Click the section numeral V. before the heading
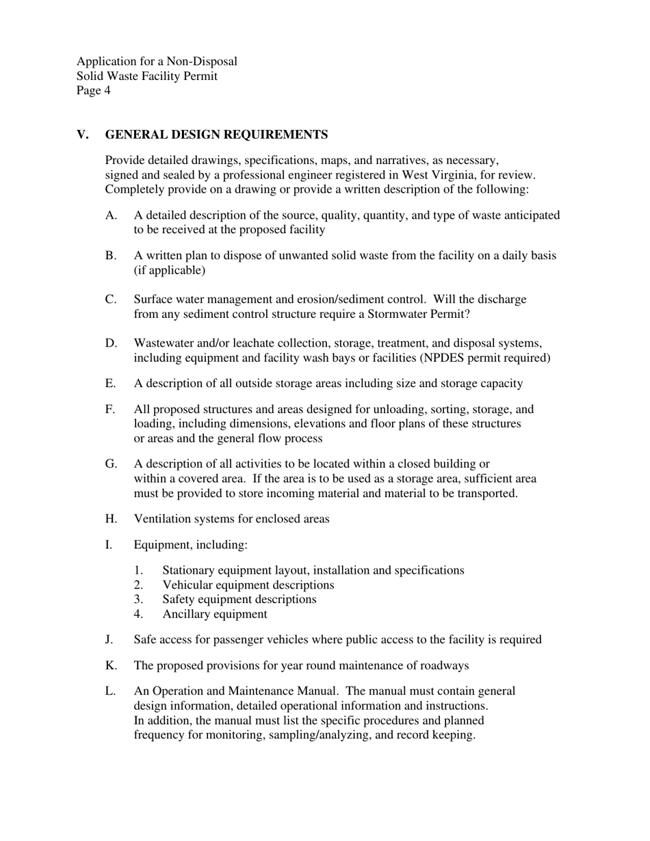[83, 135]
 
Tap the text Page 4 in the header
[94, 90]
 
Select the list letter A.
[111, 215]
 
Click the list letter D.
[111, 343]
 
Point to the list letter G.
[111, 464]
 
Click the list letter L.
[110, 691]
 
